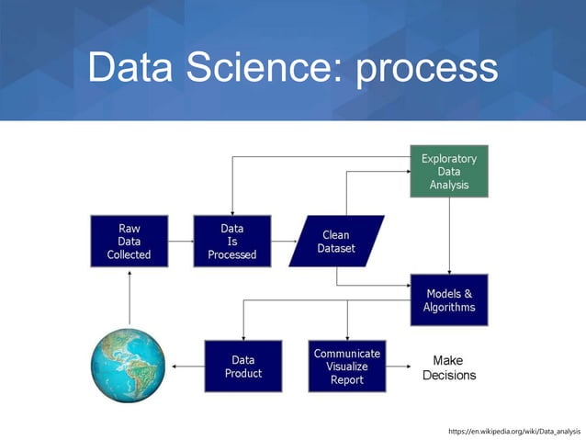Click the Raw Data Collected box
coord(129,241)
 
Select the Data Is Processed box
coord(231,241)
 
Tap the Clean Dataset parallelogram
coord(336,241)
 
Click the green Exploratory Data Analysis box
coord(448,172)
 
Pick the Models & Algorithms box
coord(448,300)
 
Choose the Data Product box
coord(243,366)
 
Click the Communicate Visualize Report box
coord(347,366)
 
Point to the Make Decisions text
coord(448,367)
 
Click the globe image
coord(129,366)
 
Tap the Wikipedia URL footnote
coord(513,430)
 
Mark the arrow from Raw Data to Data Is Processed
coord(180,241)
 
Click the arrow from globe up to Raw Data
coord(129,298)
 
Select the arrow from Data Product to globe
coord(187,367)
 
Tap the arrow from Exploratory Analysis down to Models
coord(448,235)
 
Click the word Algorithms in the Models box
coord(448,308)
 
